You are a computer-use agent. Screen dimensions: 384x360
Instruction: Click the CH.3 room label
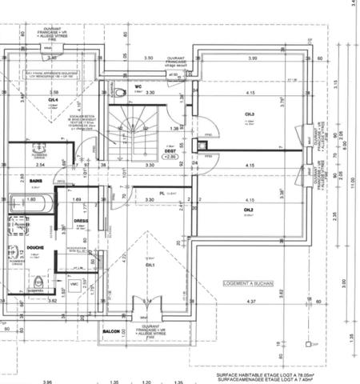[x=249, y=114]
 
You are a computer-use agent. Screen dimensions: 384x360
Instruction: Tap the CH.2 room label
[x=249, y=210]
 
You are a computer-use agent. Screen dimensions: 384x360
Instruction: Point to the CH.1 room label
[x=149, y=265]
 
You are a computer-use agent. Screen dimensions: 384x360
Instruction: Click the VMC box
[x=74, y=284]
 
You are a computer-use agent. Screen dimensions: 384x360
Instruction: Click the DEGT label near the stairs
[x=170, y=150]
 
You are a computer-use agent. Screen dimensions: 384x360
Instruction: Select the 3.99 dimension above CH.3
[x=252, y=58]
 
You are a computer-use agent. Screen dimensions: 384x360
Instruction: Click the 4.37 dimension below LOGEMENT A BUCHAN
[x=250, y=301]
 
